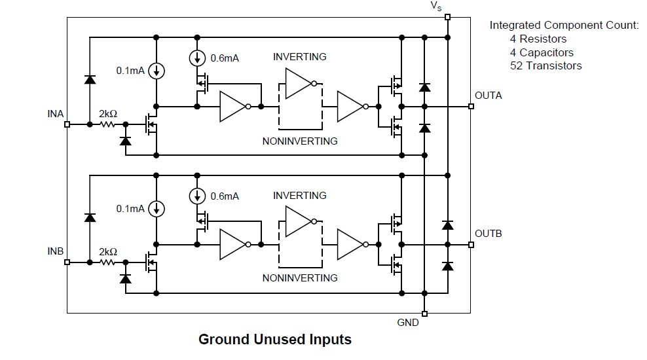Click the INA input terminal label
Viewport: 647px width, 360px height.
click(56, 114)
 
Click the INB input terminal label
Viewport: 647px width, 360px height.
click(56, 251)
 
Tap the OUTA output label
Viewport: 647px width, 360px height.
click(488, 95)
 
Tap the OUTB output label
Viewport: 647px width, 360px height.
click(488, 234)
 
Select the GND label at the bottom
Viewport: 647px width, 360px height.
click(408, 323)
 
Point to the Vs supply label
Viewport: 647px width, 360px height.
click(436, 6)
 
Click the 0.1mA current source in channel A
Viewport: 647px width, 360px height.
click(157, 70)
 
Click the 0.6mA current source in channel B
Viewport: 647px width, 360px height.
click(196, 196)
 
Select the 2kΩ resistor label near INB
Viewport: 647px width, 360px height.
click(108, 251)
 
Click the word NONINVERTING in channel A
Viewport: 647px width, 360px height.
click(300, 141)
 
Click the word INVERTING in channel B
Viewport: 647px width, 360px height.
click(299, 195)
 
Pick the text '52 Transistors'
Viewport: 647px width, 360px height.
click(545, 65)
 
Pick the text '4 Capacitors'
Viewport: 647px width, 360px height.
click(542, 52)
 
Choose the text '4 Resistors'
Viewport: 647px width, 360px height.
click(538, 39)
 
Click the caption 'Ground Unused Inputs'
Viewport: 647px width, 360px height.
click(275, 339)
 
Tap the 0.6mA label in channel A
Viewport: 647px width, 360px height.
click(225, 58)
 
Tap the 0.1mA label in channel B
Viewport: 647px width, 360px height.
click(130, 209)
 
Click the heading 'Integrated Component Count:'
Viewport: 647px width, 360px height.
click(564, 26)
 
